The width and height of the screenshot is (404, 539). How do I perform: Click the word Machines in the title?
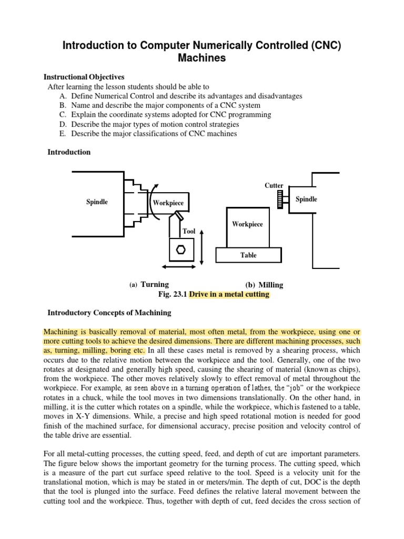pos(202,58)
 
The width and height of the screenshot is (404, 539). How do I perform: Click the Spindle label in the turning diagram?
pos(97,202)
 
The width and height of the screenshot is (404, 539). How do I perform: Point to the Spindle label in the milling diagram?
pos(306,199)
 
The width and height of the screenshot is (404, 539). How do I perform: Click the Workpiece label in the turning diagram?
pos(168,203)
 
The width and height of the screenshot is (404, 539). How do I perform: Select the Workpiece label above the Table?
pos(247,224)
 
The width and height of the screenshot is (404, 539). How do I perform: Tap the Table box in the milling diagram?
pos(248,255)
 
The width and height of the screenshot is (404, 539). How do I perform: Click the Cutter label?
pos(274,185)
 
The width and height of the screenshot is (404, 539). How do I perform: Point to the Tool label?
pos(188,231)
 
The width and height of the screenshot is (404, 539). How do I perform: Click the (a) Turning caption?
pos(149,285)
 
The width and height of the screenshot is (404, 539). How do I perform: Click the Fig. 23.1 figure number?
pos(172,294)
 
